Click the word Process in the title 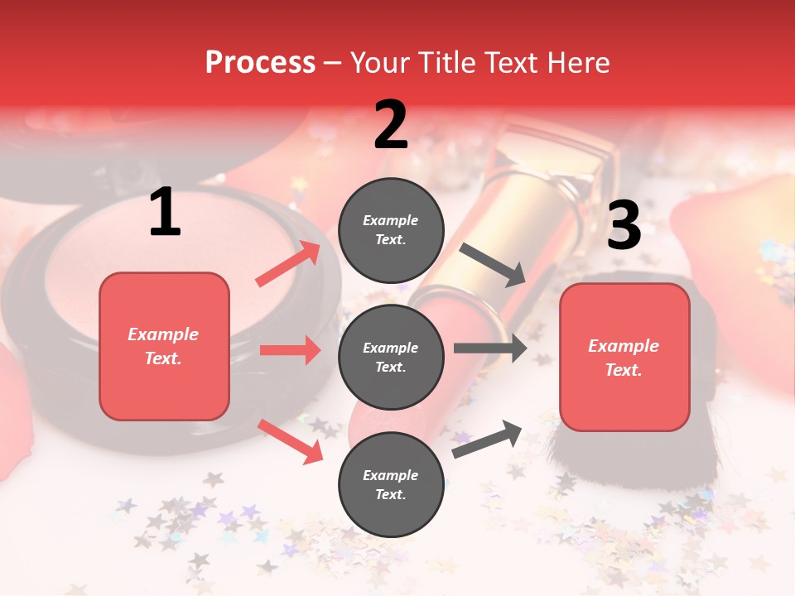point(260,62)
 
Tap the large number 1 point(165,214)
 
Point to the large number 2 point(391,125)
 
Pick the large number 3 point(624,225)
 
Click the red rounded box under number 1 point(164,346)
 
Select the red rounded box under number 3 point(624,357)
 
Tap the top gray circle point(391,230)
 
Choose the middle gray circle point(391,357)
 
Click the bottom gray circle point(391,484)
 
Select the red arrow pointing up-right point(288,263)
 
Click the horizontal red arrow point(290,350)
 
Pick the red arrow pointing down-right point(291,440)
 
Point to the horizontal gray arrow point(489,348)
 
